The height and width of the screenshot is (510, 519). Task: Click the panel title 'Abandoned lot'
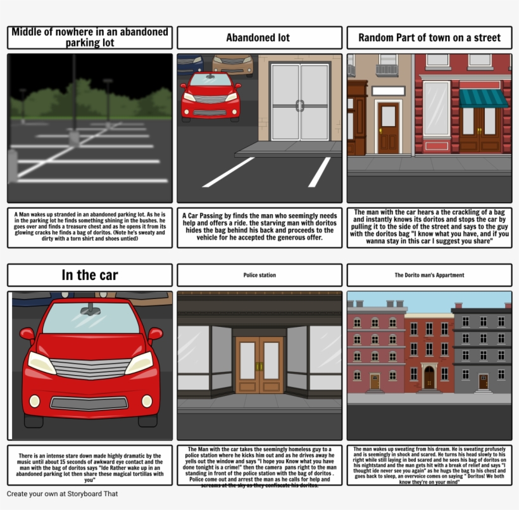tap(259, 38)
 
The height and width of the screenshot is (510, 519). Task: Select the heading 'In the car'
tap(90, 275)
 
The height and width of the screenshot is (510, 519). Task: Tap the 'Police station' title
tap(259, 276)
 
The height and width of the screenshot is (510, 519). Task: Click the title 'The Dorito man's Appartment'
tap(429, 276)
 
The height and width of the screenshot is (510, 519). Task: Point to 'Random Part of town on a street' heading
tap(429, 38)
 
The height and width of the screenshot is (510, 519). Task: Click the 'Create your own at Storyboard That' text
tap(62, 494)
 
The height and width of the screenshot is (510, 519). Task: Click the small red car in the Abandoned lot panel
tap(210, 96)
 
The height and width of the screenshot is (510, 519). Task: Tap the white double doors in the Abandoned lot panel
tap(299, 101)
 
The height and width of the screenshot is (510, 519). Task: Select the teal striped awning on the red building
tap(484, 98)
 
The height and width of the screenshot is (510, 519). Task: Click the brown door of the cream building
tap(388, 127)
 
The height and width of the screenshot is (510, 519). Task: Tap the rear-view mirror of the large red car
tap(91, 309)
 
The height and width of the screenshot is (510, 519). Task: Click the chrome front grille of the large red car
tap(90, 368)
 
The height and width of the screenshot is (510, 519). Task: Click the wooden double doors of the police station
tap(259, 365)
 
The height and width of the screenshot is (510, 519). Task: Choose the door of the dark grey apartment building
tap(484, 381)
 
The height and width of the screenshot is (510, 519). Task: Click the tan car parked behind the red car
tap(233, 63)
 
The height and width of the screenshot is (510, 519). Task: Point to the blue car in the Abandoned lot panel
tap(190, 63)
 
